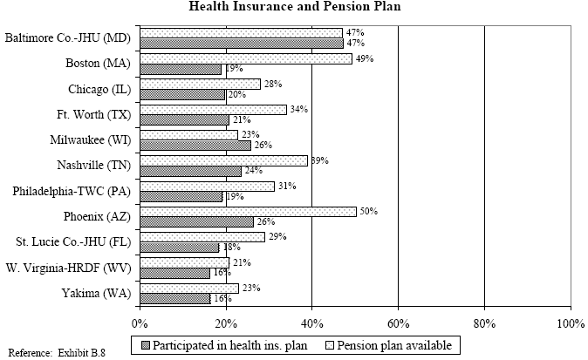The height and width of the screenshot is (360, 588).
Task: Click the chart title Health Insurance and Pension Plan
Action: (293, 8)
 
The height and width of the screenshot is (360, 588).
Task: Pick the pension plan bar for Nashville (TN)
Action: (223, 160)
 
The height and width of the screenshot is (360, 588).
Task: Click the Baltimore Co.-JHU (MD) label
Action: (67, 38)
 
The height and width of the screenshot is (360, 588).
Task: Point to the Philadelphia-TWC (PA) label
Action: (72, 191)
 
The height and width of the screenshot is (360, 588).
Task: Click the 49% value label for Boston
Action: (364, 58)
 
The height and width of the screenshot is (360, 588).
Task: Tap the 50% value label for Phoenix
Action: (368, 211)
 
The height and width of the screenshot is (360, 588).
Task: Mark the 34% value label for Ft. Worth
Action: (298, 110)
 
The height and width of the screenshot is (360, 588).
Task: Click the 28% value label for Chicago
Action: (272, 84)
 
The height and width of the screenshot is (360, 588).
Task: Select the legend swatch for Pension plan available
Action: (338, 345)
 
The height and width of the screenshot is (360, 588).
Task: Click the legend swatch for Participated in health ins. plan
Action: (145, 345)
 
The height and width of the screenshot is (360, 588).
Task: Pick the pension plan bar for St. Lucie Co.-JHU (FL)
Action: (202, 236)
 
